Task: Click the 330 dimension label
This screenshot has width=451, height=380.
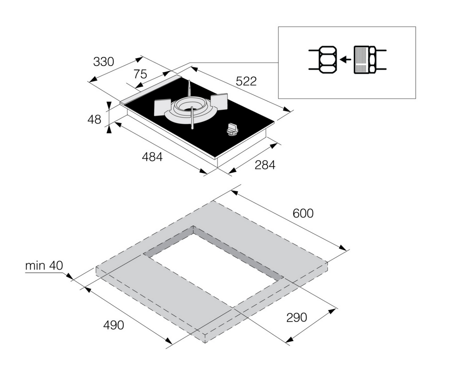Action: (x=103, y=62)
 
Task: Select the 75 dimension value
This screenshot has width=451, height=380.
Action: (x=140, y=74)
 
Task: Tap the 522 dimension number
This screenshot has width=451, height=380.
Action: (x=246, y=81)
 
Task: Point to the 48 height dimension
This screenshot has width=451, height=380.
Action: (x=94, y=119)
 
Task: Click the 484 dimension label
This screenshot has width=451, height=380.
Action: (x=152, y=157)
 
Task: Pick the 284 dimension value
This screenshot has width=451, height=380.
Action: (x=265, y=165)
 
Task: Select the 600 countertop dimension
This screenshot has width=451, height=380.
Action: (x=303, y=213)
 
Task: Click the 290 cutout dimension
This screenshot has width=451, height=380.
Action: (x=296, y=317)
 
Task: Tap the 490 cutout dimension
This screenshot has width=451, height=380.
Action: (x=114, y=325)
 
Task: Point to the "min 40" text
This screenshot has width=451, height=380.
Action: (x=44, y=266)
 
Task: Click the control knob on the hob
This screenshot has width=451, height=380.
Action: (x=232, y=129)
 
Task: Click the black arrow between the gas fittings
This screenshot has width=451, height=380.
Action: (x=345, y=59)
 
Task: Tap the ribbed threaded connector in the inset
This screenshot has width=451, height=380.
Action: (x=361, y=60)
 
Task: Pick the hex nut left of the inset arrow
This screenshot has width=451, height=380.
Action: (x=328, y=60)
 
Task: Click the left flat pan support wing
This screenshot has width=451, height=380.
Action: (x=163, y=107)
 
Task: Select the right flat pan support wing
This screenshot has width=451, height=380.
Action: (x=219, y=102)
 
